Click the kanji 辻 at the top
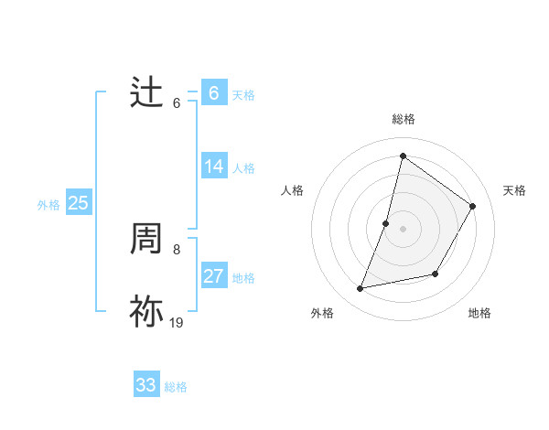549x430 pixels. [x=146, y=93]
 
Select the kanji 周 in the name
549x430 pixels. [x=146, y=240]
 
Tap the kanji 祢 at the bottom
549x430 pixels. [x=146, y=312]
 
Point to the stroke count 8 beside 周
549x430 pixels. [x=177, y=249]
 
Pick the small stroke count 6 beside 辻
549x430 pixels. [x=177, y=102]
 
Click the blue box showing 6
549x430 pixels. [x=213, y=93]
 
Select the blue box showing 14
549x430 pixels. [x=213, y=167]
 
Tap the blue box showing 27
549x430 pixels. [x=213, y=276]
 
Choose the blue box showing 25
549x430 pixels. [x=78, y=203]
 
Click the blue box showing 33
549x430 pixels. [x=146, y=385]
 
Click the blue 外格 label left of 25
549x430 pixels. [x=48, y=205]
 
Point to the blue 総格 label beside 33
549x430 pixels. [x=176, y=387]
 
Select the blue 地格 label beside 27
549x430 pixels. [x=243, y=278]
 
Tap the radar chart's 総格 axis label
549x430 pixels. [x=404, y=119]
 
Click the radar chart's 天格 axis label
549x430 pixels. [x=514, y=190]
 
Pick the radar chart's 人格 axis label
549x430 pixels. [x=292, y=190]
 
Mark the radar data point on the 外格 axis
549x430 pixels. [x=361, y=289]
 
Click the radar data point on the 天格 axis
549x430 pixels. [x=473, y=207]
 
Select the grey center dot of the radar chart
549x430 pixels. [x=404, y=229]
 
